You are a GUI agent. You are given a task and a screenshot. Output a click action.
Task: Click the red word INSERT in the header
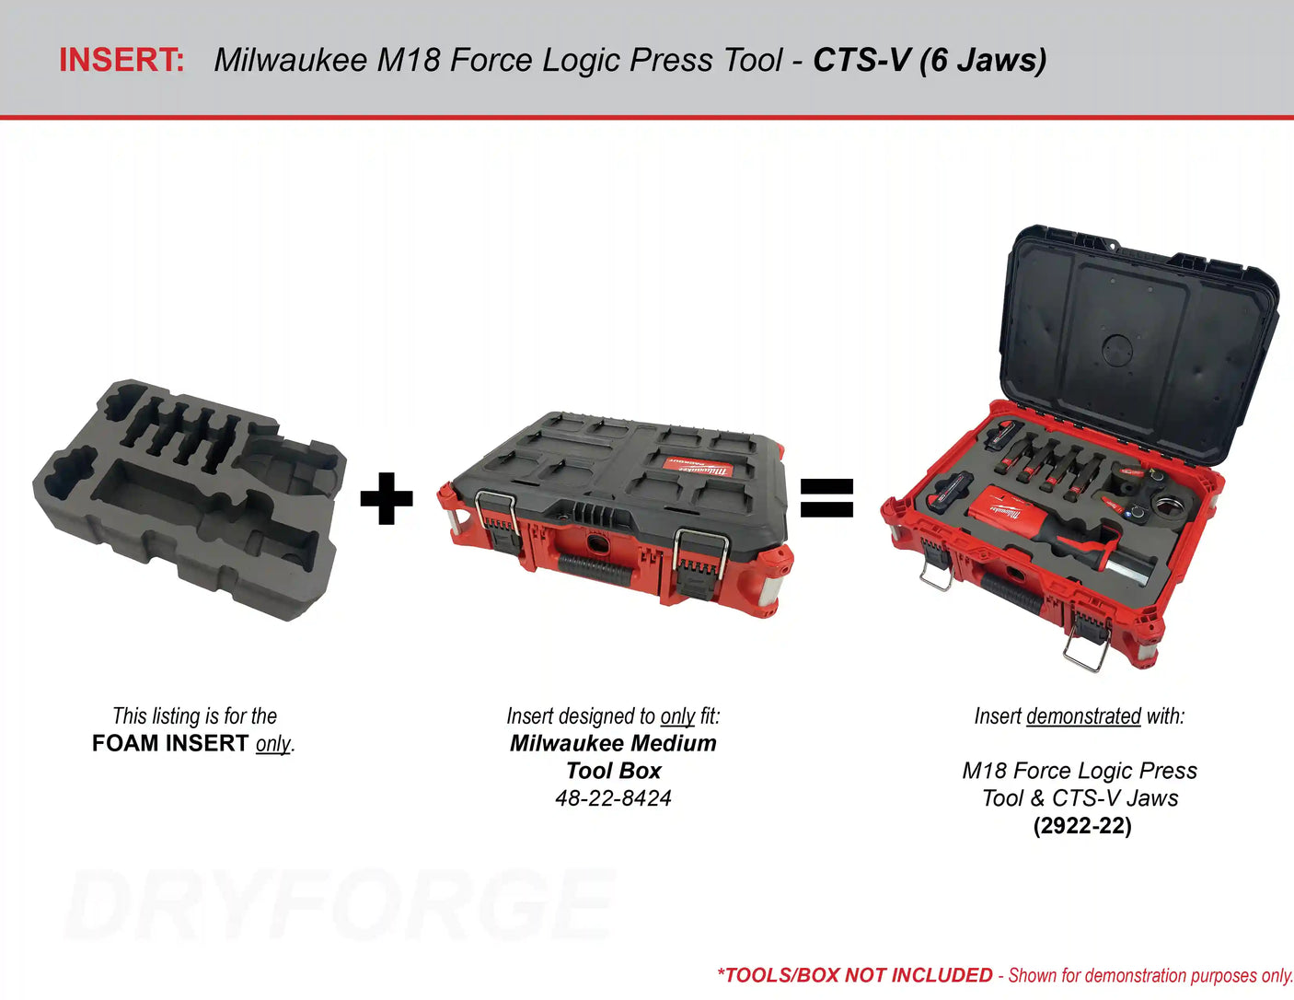click(121, 60)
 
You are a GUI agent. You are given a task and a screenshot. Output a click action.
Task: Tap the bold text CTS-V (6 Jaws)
click(930, 60)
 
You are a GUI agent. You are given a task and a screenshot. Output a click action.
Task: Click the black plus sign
click(387, 498)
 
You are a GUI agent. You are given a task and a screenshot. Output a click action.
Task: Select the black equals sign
click(826, 498)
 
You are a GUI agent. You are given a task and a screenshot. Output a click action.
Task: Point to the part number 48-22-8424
click(613, 798)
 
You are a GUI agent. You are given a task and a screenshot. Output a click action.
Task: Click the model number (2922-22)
click(1082, 826)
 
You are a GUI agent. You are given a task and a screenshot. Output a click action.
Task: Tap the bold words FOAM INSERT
click(169, 743)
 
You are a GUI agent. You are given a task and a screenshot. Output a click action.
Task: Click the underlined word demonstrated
click(1084, 715)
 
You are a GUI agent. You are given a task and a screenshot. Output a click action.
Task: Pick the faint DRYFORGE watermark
click(340, 905)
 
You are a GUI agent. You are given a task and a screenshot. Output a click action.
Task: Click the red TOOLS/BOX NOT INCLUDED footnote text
click(855, 975)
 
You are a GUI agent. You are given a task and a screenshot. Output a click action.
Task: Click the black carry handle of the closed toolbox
click(595, 570)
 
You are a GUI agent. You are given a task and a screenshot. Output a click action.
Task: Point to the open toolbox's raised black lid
click(1138, 343)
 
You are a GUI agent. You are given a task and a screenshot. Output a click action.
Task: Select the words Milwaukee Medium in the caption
click(613, 743)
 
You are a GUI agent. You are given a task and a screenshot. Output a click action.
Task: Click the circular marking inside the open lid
click(1117, 350)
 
